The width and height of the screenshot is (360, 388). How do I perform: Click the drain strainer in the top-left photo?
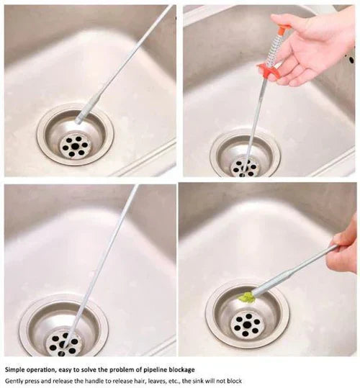pos(74,139)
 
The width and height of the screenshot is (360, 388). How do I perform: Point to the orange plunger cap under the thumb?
pos(284,30)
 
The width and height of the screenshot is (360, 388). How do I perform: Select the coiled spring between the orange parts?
pos(276,49)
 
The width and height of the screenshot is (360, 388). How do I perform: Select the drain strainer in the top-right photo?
pos(245,158)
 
